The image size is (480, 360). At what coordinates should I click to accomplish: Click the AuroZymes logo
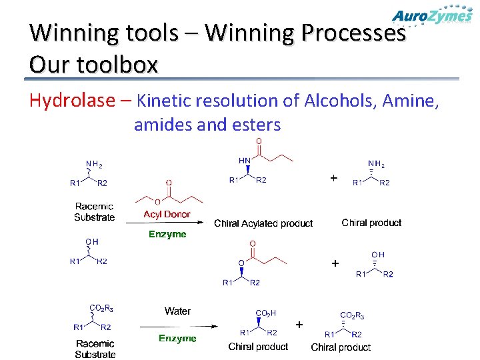point(432,16)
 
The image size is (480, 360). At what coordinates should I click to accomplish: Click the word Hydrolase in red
point(72,101)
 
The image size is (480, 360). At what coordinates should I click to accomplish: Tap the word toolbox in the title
point(123,65)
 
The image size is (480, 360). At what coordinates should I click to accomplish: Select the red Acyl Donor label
point(167,215)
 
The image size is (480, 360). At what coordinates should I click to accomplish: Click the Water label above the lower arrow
point(177,311)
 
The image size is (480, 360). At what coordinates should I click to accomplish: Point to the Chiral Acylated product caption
point(263,223)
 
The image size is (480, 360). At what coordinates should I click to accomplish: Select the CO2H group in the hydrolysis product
point(266,313)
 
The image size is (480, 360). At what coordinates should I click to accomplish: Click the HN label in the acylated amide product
point(245,161)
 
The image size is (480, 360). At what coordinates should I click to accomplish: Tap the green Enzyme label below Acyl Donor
point(167,235)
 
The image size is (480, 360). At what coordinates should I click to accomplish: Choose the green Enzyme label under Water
point(177,339)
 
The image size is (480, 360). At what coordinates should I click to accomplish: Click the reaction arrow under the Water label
point(178,326)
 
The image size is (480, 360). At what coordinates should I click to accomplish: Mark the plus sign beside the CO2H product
point(299,325)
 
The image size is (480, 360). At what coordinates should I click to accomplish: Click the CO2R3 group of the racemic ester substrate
point(101,308)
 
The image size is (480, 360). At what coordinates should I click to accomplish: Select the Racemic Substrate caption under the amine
point(94,212)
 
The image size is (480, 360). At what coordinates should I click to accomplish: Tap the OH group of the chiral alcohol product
point(378,254)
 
